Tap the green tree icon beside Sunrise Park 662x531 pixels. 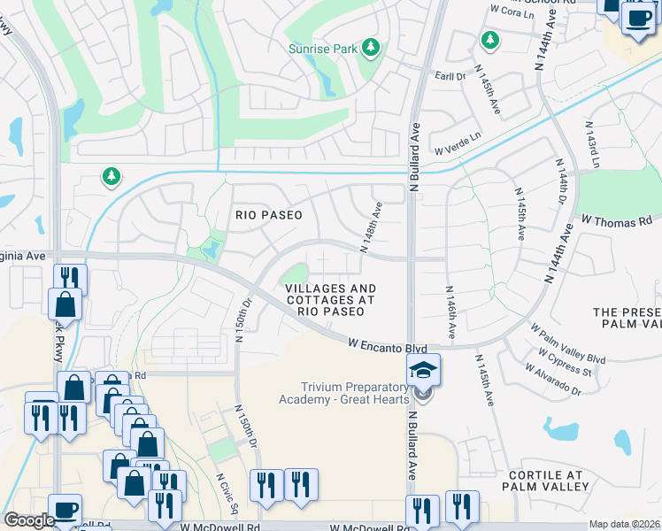373,47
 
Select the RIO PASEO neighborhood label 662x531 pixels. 268,215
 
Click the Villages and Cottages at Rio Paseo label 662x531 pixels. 330,300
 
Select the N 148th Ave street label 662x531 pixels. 372,227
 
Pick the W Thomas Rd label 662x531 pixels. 616,219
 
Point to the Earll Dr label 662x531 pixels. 449,77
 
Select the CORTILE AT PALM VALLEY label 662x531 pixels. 544,480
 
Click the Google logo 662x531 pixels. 29,520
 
